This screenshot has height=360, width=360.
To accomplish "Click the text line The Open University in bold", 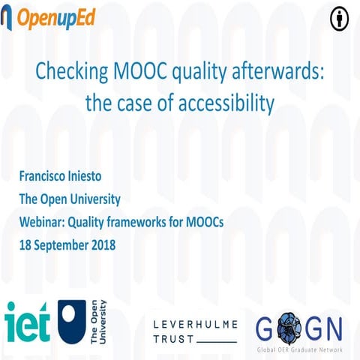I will pos(69,199).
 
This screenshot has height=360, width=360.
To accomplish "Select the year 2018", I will pos(99,244).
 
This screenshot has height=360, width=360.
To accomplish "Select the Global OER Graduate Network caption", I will pos(298,349).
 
